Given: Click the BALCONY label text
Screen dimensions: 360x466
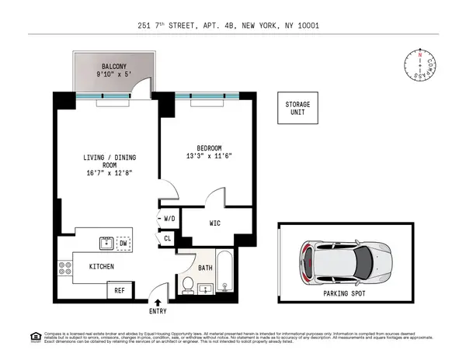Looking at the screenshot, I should pos(103,67).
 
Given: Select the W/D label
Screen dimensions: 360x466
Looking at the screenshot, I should pos(169,220).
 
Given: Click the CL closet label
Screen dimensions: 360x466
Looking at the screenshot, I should pos(168,239).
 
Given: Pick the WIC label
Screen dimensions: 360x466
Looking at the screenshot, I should pos(217,224).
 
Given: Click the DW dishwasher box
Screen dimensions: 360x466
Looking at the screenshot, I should pos(123,244).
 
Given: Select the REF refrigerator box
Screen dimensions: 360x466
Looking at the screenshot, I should pos(120,292).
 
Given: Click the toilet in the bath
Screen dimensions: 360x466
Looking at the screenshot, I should pos(187,286).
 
